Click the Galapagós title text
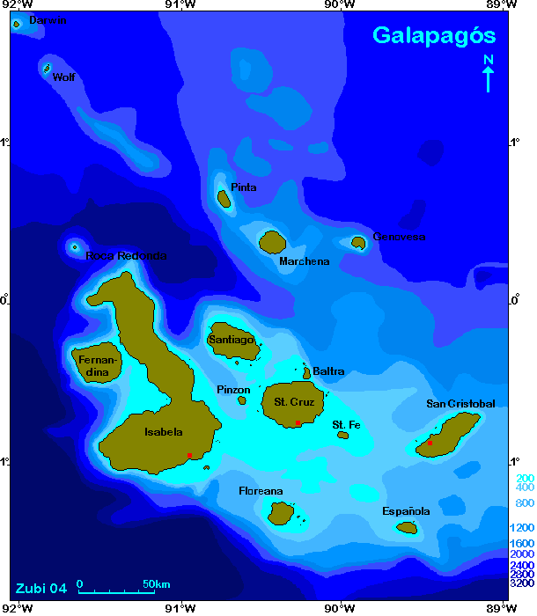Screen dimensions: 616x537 (x=434, y=35)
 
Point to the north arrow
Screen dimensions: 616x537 (x=489, y=73)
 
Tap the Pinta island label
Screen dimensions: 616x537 (x=244, y=187)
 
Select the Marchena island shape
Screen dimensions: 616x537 (x=273, y=241)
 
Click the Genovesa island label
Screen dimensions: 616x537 (x=400, y=237)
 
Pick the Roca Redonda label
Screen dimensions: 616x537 (x=126, y=256)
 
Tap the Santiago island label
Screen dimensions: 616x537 (x=232, y=340)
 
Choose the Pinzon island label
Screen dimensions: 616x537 (x=233, y=390)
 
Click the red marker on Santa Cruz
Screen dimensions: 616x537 (x=298, y=423)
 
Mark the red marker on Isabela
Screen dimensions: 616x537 (x=189, y=455)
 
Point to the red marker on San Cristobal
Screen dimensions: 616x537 (x=430, y=443)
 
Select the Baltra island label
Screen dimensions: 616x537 (x=328, y=371)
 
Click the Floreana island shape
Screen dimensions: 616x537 (x=282, y=512)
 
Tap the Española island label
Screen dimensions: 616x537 (x=406, y=511)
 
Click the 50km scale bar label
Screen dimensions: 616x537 (x=156, y=584)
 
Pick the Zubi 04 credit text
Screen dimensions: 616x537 (x=40, y=588)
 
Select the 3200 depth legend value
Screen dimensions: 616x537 (x=522, y=583)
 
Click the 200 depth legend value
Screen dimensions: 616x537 (x=522, y=477)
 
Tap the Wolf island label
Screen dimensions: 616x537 (x=63, y=77)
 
